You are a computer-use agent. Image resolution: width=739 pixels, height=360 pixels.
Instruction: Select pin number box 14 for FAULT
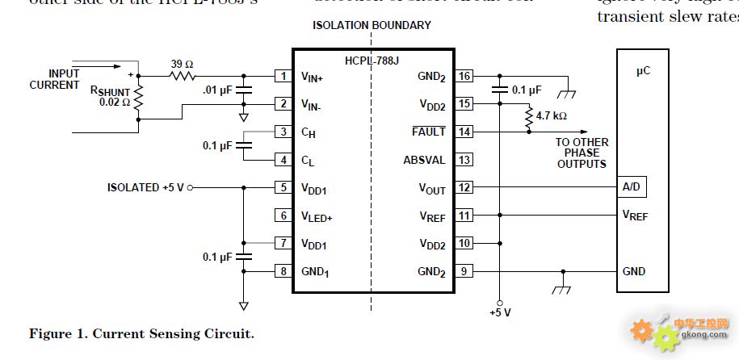[464, 132]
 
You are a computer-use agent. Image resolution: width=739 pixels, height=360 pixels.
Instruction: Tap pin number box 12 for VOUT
[464, 187]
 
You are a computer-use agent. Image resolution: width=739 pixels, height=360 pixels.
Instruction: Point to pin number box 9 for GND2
[464, 271]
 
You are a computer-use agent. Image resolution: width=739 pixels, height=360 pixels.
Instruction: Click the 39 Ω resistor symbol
[182, 77]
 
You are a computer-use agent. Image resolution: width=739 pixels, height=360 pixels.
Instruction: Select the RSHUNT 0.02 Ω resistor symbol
[138, 98]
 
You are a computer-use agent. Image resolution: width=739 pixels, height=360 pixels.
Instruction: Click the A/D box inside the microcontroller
[632, 187]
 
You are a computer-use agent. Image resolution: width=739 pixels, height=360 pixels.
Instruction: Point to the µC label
[643, 71]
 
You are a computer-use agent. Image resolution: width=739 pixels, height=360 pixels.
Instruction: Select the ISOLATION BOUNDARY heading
[372, 25]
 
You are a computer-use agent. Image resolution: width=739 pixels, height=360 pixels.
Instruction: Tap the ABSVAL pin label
[424, 160]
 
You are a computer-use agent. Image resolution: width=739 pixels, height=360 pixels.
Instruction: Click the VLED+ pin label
[317, 216]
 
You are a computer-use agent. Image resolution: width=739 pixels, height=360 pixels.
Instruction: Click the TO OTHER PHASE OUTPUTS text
[582, 153]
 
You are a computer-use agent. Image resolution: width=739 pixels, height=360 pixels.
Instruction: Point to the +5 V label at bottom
[501, 312]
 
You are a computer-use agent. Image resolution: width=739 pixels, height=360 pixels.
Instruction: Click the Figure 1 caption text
[142, 333]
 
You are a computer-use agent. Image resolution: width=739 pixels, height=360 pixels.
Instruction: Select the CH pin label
[308, 132]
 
